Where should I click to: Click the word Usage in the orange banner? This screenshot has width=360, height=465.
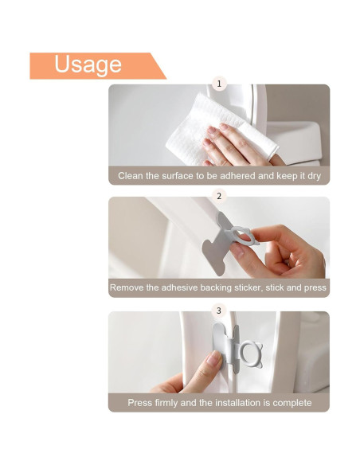click(x=88, y=64)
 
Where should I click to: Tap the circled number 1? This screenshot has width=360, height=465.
click(x=219, y=83)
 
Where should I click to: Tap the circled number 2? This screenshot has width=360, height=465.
click(x=219, y=195)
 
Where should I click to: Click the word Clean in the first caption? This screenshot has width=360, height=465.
click(x=131, y=175)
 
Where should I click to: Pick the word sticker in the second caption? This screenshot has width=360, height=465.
click(x=248, y=287)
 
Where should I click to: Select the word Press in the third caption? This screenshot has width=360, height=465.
click(x=140, y=403)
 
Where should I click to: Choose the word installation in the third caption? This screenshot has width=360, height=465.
click(x=237, y=403)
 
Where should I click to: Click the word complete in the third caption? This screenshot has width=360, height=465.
click(x=292, y=403)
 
